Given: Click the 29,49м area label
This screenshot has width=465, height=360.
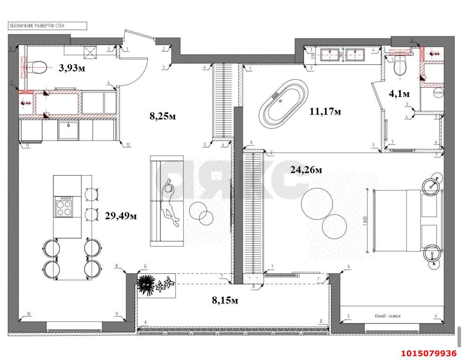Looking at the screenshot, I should pos(121,216).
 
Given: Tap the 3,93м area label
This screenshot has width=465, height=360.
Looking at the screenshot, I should pos(72,68).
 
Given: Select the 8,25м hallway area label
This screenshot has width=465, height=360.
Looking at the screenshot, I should pos(162,116).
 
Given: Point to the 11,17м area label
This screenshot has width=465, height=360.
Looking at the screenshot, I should pos(325,112).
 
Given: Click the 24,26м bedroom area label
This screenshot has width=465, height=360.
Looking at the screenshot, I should pos(306,170).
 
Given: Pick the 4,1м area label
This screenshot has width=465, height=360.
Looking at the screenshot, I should pos(399,94).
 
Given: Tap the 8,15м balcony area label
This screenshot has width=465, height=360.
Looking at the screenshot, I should pos(225,300).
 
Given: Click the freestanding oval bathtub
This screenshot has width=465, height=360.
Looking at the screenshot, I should pos(284,102).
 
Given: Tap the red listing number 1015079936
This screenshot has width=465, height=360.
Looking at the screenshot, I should pos(429,353).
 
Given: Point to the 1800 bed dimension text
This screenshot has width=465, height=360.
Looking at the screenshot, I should pos(366,223).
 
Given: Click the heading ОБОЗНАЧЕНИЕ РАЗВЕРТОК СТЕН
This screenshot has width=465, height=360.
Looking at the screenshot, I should pos(36,26).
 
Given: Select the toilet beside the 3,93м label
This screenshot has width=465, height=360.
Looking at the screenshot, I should pos(37,67).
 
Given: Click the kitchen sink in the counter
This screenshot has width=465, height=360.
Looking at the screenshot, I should pos(68,130).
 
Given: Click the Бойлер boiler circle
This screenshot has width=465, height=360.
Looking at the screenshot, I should pos(438,93).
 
